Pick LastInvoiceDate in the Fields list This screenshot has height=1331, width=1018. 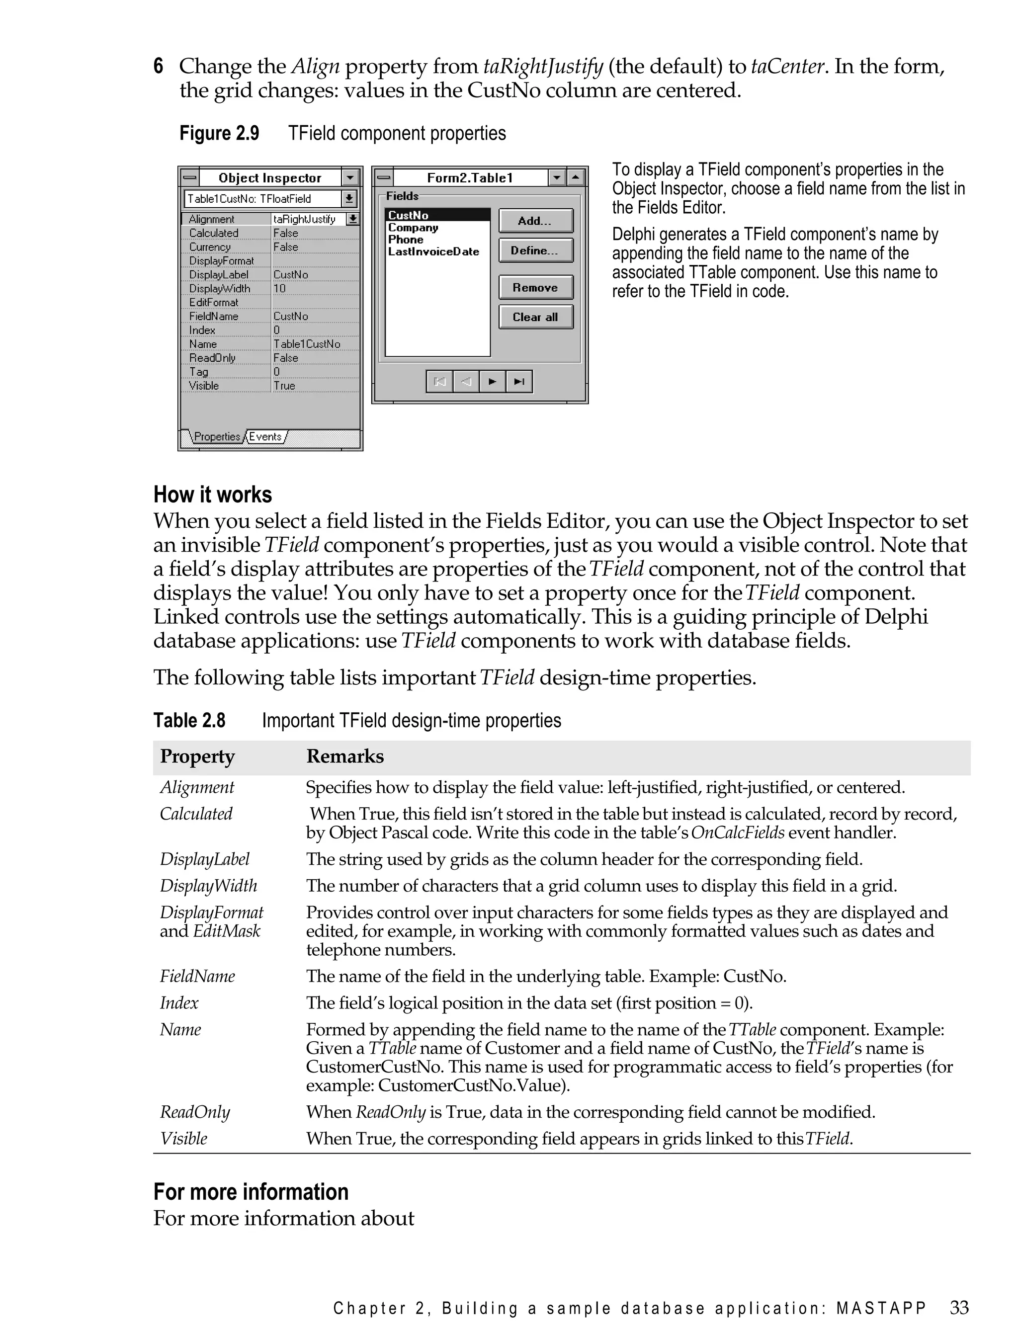coord(433,251)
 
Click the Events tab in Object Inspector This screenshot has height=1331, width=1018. coord(265,436)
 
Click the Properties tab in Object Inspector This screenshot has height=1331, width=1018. coord(217,436)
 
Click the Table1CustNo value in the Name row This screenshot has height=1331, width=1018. coord(307,343)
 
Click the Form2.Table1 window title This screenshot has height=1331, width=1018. coord(470,177)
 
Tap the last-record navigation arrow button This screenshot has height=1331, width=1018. coord(519,381)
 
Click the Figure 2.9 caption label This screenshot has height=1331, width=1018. coord(219,133)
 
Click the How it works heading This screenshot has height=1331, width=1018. coord(213,495)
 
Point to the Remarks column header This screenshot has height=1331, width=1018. coord(345,756)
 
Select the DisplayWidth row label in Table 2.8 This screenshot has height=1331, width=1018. coord(208,886)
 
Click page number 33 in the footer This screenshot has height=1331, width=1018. coord(959,1307)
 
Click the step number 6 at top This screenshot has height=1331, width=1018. coord(158,66)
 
